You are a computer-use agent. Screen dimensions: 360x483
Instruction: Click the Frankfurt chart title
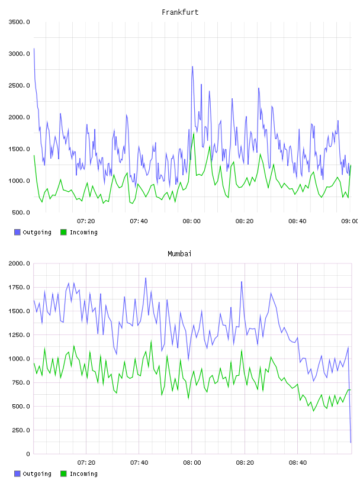[180, 12]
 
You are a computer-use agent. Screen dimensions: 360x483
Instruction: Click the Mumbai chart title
[179, 254]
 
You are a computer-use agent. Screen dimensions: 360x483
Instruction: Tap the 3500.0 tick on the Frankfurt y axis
[19, 22]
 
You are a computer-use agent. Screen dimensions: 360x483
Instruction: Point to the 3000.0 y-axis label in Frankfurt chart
[19, 54]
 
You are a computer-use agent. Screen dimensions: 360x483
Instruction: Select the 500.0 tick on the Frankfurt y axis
[21, 212]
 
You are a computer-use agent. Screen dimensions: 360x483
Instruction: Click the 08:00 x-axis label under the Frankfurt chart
[191, 221]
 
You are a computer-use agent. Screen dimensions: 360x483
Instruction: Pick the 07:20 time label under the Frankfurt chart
[86, 221]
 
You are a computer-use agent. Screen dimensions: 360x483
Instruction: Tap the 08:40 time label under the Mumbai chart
[298, 463]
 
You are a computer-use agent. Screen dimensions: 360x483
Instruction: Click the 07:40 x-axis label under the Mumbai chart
[139, 463]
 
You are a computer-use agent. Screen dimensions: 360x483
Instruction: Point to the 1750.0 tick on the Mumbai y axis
[19, 288]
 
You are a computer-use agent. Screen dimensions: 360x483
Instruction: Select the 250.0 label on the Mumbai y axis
[21, 430]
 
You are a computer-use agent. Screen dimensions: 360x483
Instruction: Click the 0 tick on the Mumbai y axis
[28, 454]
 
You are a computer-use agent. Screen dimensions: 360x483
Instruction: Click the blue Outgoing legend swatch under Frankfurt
[17, 232]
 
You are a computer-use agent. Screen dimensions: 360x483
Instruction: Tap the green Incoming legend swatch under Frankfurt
[63, 232]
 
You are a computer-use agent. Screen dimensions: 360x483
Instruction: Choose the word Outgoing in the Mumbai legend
[37, 474]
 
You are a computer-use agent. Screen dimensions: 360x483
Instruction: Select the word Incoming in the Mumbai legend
[83, 474]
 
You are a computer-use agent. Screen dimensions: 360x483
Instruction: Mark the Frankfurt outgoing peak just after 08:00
[192, 66]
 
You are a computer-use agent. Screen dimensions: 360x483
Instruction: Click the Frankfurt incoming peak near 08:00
[194, 133]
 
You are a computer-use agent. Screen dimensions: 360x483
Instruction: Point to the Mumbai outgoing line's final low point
[351, 443]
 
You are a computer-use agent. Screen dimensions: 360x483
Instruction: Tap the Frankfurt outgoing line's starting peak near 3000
[34, 49]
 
